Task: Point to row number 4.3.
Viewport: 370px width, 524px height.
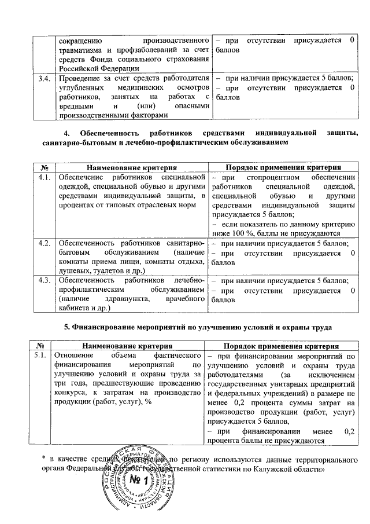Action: pyautogui.click(x=42, y=281)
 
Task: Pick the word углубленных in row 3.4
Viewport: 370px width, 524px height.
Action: pyautogui.click(x=80, y=87)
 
